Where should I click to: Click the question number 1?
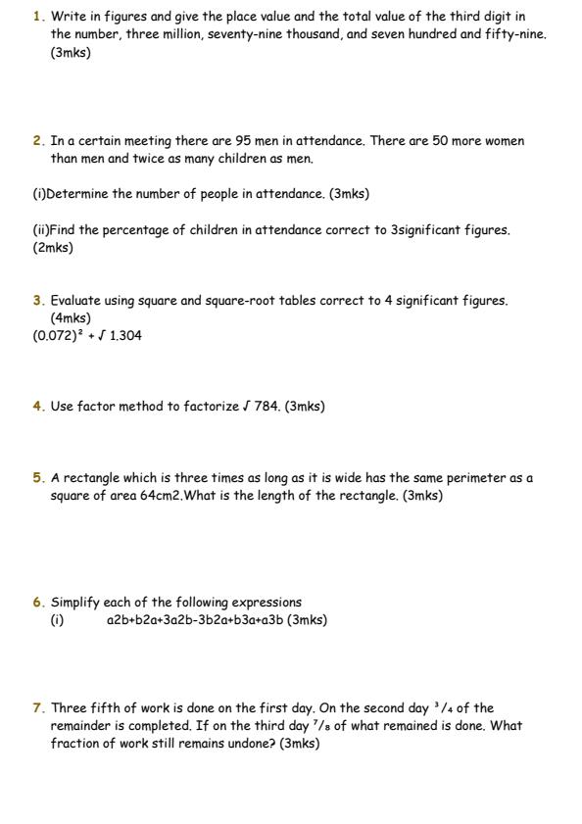[37, 17]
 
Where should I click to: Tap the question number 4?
[37, 406]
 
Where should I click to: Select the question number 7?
[37, 707]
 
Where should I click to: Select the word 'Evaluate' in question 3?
[77, 301]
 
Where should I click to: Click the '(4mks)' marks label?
[71, 318]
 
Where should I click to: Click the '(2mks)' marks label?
[53, 248]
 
